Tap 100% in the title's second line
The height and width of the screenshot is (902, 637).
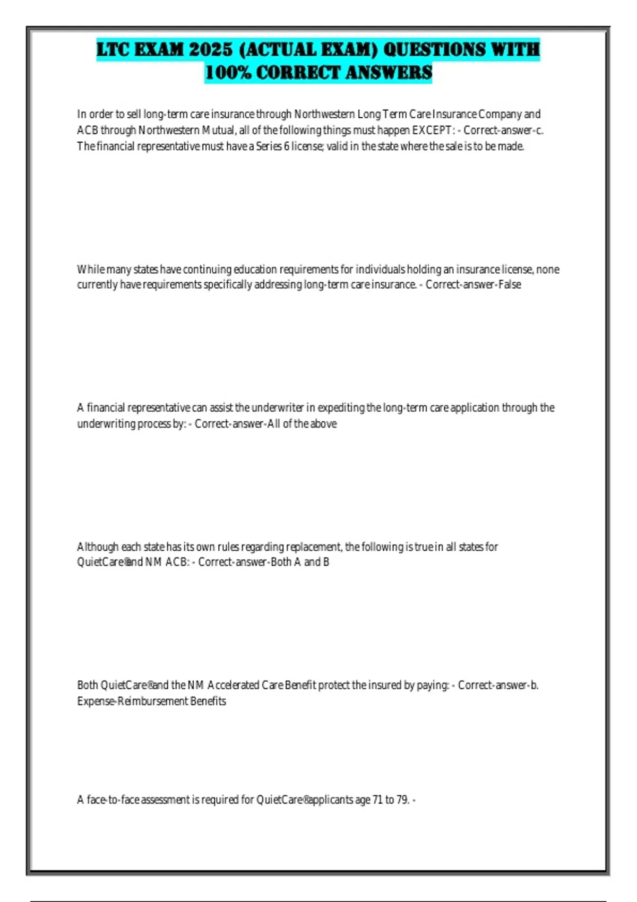point(228,73)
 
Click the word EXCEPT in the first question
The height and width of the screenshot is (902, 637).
point(432,130)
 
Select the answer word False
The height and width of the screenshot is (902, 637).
point(510,284)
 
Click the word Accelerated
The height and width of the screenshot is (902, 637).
point(233,685)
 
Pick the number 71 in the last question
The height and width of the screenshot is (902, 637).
point(377,800)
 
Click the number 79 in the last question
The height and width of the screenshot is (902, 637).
point(403,800)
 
